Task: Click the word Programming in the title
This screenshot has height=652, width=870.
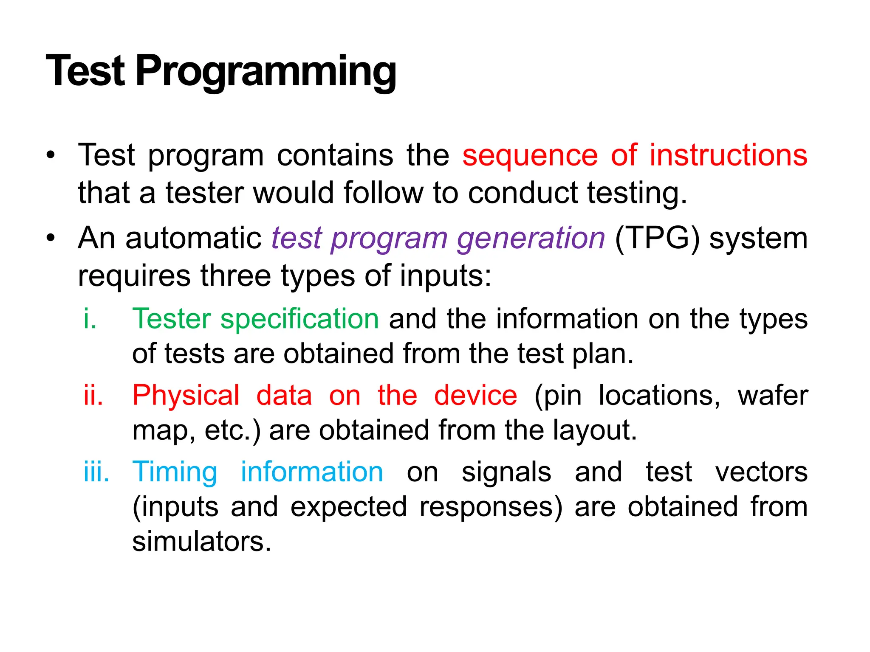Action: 266,71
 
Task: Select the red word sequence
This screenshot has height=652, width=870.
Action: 530,155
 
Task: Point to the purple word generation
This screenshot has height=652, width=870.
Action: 531,239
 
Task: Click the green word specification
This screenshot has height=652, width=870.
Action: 299,319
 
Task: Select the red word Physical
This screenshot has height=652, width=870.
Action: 186,396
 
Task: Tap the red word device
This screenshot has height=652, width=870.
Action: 475,396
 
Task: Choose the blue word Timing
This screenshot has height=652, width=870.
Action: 175,472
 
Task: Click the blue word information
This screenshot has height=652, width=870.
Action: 312,472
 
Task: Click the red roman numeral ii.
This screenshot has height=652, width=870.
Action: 93,396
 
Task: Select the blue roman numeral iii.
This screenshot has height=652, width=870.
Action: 96,472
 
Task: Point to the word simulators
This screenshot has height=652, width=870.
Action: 201,542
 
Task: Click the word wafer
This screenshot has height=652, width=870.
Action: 773,396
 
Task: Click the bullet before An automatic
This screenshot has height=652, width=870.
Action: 51,239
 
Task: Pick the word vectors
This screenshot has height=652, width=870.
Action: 761,472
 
